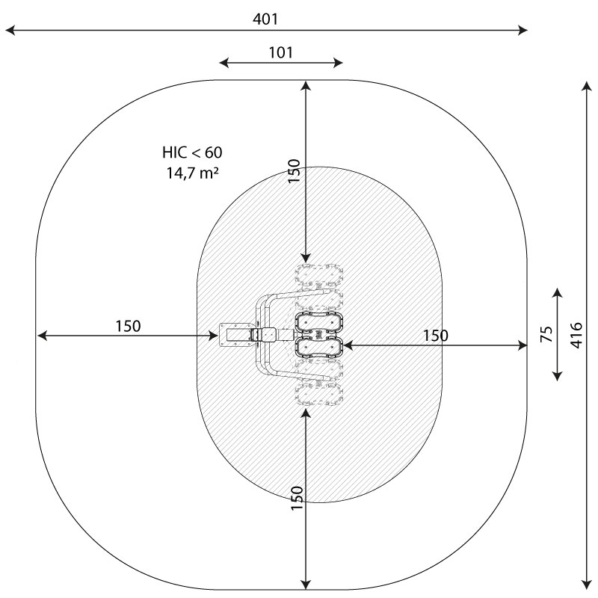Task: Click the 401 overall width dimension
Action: [265, 19]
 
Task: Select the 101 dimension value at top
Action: [281, 52]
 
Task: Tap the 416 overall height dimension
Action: [576, 335]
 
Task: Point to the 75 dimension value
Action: [546, 334]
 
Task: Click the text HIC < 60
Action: [192, 152]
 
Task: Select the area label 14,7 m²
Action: [192, 173]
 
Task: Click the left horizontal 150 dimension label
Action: [128, 326]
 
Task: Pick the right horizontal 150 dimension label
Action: [436, 336]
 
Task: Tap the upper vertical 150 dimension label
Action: [294, 171]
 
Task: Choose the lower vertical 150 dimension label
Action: [297, 498]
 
